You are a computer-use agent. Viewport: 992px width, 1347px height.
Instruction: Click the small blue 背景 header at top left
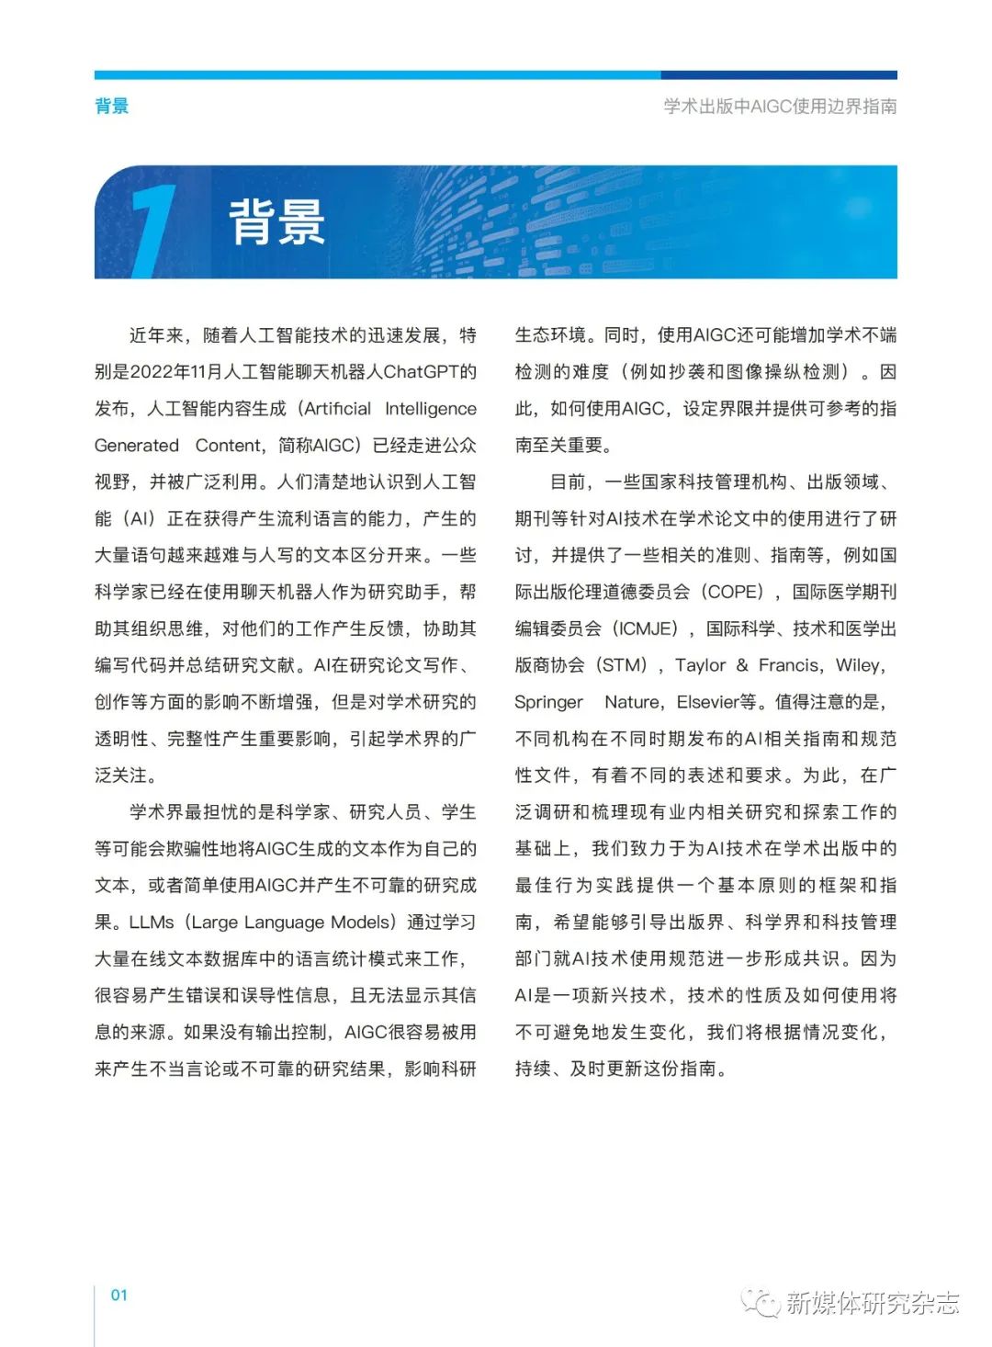111,106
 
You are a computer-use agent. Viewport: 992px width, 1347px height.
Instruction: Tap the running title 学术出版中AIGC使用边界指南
780,107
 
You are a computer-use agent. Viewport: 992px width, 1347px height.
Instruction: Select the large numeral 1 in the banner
152,230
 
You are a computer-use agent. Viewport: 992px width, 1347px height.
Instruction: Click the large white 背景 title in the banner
276,222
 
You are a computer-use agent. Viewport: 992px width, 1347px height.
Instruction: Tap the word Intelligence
431,409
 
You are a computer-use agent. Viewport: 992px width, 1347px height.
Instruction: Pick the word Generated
137,446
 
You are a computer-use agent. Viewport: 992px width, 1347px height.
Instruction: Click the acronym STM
624,665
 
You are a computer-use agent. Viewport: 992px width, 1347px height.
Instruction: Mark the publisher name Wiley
859,665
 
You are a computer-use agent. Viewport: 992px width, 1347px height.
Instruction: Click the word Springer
548,703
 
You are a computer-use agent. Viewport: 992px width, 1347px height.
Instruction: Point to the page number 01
119,1296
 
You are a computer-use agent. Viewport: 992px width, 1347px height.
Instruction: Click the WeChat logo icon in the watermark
761,1302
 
